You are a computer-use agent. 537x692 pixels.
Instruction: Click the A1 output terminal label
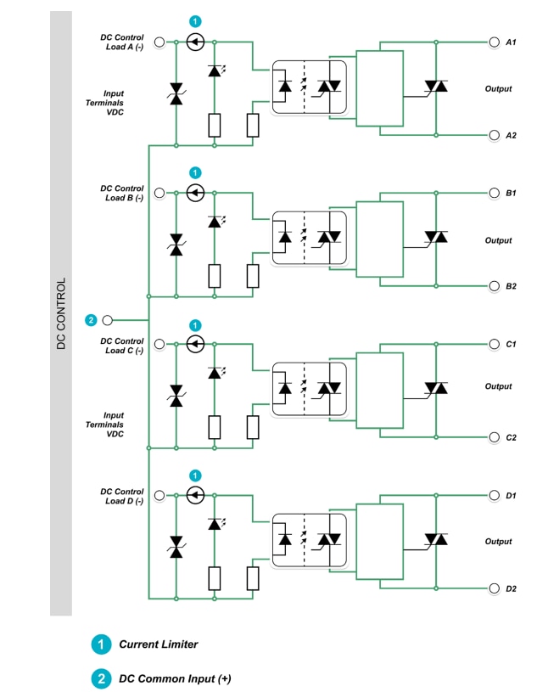point(511,42)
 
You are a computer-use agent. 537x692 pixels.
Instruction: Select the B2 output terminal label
point(511,286)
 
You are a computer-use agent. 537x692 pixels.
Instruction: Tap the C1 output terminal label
point(511,344)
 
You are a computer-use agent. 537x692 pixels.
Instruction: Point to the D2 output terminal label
point(511,588)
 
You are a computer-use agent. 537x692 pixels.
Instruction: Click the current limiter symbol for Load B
point(195,193)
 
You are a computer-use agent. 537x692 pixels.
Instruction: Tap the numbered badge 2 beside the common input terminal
point(91,320)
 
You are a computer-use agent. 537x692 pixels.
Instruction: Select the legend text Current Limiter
point(158,644)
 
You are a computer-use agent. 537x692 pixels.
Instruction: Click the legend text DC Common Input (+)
point(174,678)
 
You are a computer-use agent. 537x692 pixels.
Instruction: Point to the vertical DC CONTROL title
point(61,314)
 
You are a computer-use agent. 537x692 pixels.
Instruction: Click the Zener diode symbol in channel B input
point(176,245)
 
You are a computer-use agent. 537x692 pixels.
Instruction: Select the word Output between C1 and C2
point(498,386)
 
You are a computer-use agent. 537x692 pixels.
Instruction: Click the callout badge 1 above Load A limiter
point(195,20)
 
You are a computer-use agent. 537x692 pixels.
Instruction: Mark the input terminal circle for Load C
point(159,344)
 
